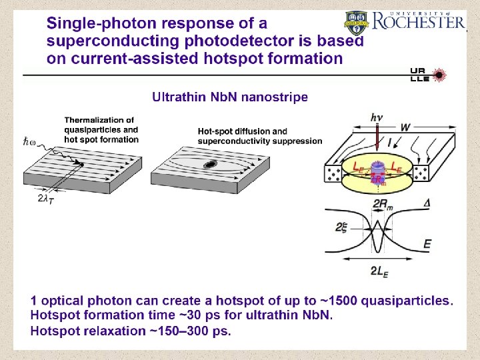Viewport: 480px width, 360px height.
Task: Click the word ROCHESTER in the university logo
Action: tap(419, 22)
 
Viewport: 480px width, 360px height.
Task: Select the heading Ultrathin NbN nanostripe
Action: tap(230, 97)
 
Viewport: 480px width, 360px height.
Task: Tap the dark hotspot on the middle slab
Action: tap(211, 164)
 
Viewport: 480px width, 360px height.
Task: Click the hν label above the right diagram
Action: tap(377, 117)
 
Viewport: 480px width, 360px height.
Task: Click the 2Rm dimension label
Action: tap(381, 204)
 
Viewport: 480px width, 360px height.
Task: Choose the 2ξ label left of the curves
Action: tap(341, 228)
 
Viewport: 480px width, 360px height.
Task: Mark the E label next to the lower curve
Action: tap(427, 245)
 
